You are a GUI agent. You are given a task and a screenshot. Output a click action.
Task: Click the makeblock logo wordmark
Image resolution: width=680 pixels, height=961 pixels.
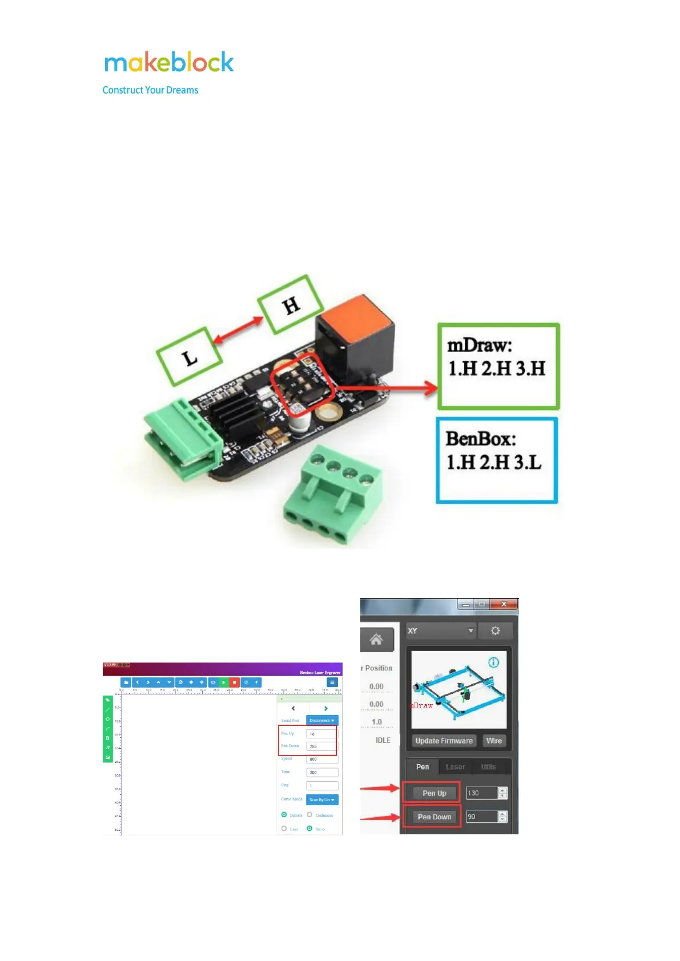click(x=169, y=62)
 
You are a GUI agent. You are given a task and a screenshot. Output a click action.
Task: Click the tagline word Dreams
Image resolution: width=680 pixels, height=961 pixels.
click(x=182, y=90)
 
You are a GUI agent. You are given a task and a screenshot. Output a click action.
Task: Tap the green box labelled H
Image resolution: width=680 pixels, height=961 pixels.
click(x=291, y=305)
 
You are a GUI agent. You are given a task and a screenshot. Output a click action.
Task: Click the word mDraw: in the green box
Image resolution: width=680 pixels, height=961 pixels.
click(x=479, y=345)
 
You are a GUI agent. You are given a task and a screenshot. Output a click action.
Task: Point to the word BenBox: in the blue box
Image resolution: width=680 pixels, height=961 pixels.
click(x=480, y=439)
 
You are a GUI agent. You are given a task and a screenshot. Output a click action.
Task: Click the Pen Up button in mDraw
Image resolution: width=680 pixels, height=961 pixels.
click(x=434, y=793)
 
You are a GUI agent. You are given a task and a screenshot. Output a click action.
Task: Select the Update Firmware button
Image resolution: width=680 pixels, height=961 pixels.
click(x=444, y=741)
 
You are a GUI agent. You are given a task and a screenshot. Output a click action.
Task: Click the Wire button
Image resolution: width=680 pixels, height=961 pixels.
click(x=494, y=741)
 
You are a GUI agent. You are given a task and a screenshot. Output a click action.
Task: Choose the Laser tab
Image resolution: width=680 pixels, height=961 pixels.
click(x=455, y=767)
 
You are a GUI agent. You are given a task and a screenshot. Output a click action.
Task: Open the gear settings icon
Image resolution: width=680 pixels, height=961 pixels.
click(x=495, y=631)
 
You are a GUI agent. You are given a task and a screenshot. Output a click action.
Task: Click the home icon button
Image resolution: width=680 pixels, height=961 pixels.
click(x=376, y=639)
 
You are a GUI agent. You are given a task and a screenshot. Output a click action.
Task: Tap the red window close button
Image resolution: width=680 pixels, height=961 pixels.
click(x=504, y=604)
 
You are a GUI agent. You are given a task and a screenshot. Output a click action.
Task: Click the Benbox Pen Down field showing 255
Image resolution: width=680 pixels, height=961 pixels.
click(x=321, y=746)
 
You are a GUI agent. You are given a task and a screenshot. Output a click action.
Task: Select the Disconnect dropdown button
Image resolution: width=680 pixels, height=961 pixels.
click(x=322, y=721)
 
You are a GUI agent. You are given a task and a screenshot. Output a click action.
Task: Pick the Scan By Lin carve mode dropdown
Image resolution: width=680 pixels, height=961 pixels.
click(x=322, y=800)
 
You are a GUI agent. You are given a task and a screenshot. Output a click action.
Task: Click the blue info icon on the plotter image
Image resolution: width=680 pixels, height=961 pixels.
click(x=493, y=662)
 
